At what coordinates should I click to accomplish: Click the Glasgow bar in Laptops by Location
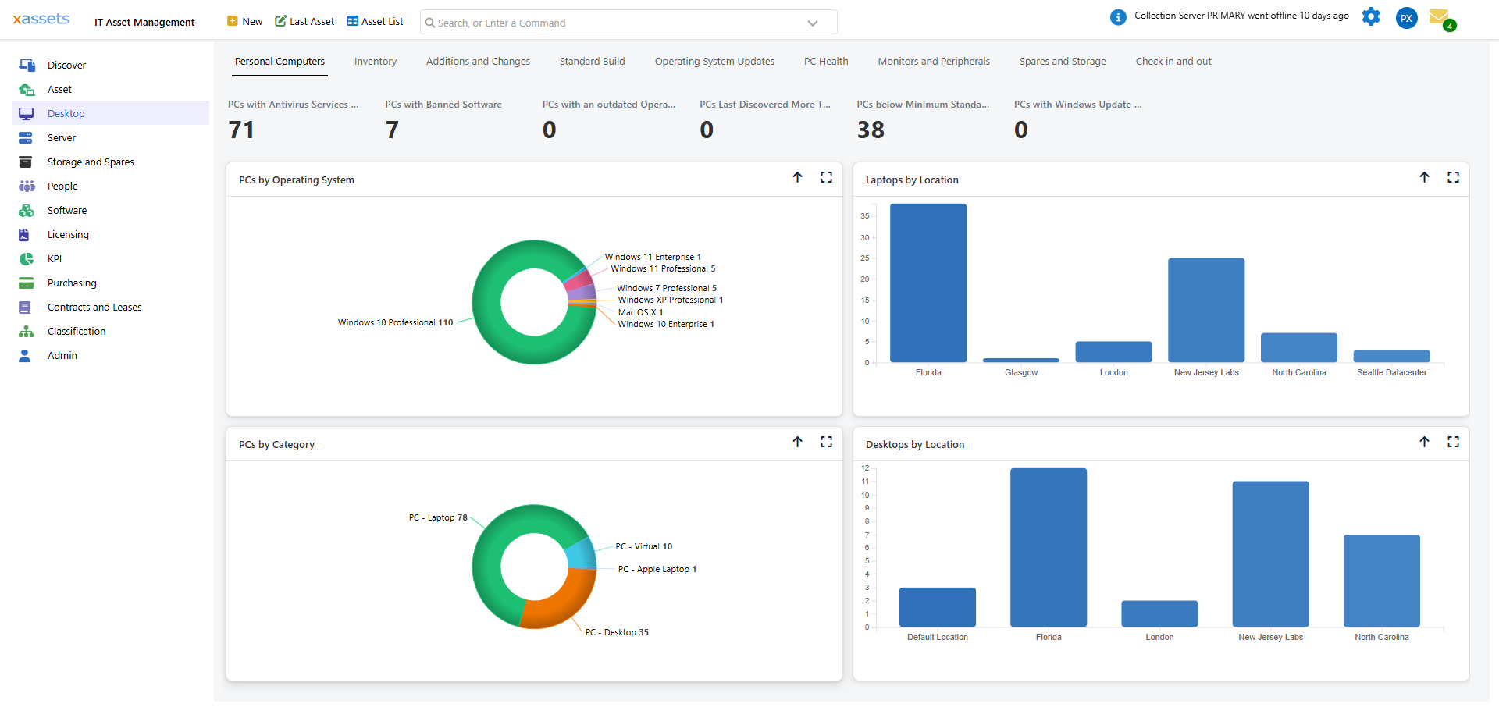(1020, 360)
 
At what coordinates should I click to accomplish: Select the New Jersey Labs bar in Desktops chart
(1270, 554)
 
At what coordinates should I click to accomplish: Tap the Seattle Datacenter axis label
(1391, 373)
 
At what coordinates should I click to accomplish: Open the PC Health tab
(826, 62)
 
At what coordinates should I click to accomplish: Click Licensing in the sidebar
(68, 235)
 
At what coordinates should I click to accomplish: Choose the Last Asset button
(304, 22)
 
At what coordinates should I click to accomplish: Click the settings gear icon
(1371, 16)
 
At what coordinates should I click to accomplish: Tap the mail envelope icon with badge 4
(1439, 17)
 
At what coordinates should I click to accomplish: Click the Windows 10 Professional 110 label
(395, 323)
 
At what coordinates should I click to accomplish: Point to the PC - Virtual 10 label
(643, 547)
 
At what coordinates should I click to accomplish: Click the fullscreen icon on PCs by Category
(826, 443)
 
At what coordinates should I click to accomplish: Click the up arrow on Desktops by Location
(1424, 443)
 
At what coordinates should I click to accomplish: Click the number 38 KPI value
(871, 130)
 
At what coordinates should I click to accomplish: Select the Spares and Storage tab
(1062, 62)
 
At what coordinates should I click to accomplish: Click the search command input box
(617, 23)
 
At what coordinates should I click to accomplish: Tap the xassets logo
(41, 19)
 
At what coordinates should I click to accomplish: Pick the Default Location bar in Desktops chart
(937, 607)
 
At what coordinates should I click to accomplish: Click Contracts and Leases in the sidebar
(94, 308)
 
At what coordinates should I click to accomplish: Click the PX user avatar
(1406, 18)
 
